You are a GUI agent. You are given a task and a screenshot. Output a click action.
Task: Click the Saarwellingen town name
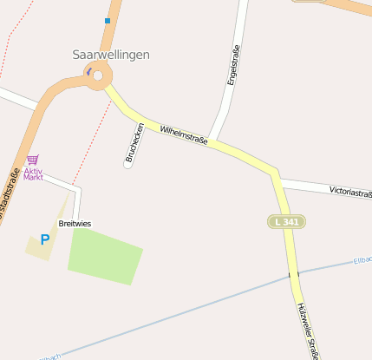(x=111, y=54)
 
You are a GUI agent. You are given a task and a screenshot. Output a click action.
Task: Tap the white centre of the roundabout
(x=98, y=76)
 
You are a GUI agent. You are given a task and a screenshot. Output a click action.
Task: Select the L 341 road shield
(x=286, y=222)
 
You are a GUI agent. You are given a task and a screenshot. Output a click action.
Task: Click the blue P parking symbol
(x=44, y=239)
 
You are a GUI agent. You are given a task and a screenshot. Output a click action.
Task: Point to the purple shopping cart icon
(x=33, y=160)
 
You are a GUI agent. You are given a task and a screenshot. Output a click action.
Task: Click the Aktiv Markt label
(x=33, y=173)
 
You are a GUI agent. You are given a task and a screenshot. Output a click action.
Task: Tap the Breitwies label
(x=75, y=224)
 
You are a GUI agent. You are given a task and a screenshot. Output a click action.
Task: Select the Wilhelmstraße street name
(x=184, y=134)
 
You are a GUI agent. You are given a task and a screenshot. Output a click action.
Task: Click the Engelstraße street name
(x=232, y=65)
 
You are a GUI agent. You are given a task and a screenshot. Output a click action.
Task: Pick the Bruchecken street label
(x=134, y=143)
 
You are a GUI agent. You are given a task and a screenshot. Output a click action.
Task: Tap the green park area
(x=105, y=253)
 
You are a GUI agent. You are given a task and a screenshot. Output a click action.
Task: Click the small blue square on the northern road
(x=108, y=20)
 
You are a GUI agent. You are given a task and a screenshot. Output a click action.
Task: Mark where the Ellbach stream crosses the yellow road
(x=293, y=274)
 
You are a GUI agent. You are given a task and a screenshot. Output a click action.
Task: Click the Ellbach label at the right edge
(x=362, y=260)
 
